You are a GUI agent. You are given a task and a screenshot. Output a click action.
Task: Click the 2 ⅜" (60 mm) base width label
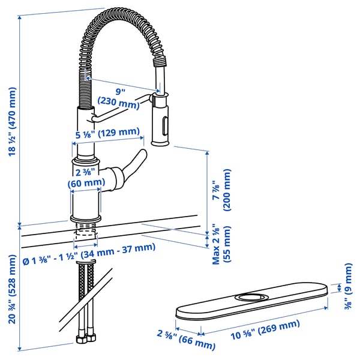85,178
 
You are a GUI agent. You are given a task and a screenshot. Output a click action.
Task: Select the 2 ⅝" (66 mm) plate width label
186,341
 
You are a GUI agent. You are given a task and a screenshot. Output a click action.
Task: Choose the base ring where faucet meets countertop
85,217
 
